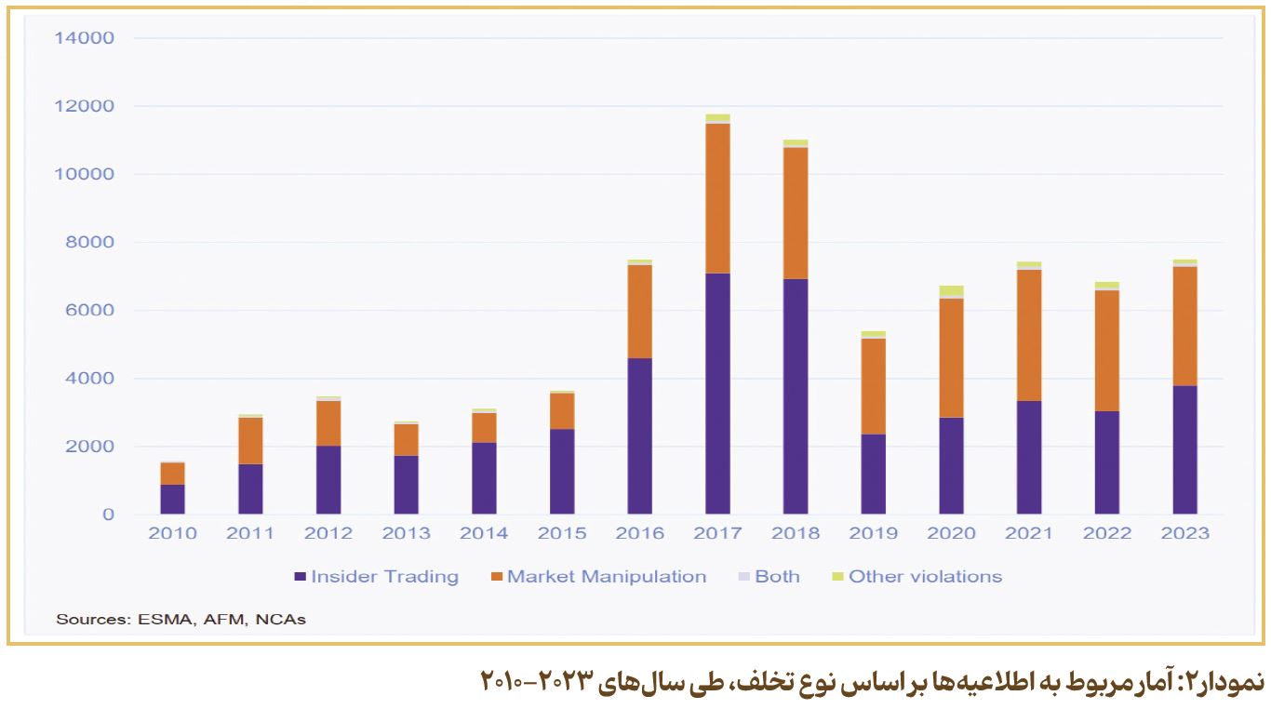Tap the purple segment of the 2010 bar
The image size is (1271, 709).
pyautogui.click(x=172, y=499)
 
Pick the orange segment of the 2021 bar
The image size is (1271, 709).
pyautogui.click(x=1029, y=335)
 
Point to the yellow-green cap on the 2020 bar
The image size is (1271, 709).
pyautogui.click(x=951, y=291)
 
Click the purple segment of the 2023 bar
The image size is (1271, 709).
pyautogui.click(x=1185, y=449)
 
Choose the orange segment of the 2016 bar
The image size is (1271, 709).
pyautogui.click(x=640, y=311)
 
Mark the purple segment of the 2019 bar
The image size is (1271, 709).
pyautogui.click(x=874, y=474)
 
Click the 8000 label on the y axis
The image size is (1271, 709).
pyautogui.click(x=89, y=243)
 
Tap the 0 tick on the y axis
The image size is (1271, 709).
pyautogui.click(x=108, y=515)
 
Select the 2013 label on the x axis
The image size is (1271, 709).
pyautogui.click(x=407, y=533)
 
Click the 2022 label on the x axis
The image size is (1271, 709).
pyautogui.click(x=1107, y=533)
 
